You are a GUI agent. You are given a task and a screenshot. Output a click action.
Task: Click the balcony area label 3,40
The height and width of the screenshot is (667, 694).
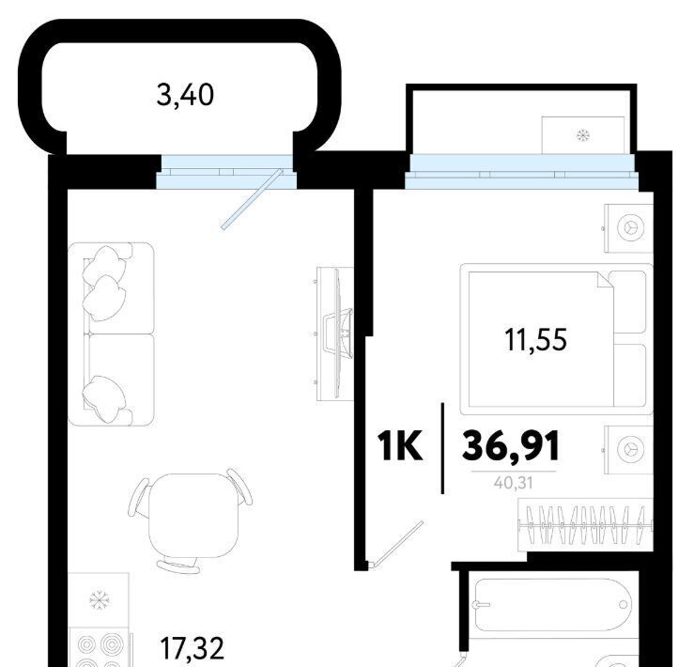[x=185, y=95]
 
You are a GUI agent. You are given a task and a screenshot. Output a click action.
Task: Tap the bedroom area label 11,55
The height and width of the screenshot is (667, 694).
[x=535, y=340]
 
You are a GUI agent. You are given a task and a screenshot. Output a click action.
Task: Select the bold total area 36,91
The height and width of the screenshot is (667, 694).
[x=511, y=446]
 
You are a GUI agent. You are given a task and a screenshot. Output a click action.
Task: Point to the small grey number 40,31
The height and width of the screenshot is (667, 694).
[x=514, y=482]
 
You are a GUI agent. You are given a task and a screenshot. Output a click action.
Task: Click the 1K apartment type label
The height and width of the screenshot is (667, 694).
[x=400, y=447]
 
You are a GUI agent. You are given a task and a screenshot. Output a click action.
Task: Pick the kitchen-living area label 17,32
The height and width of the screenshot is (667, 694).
[x=192, y=649]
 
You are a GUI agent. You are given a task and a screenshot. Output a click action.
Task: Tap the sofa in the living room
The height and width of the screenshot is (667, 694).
[x=111, y=333]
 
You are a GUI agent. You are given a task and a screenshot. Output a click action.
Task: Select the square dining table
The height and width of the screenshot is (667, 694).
[x=193, y=515]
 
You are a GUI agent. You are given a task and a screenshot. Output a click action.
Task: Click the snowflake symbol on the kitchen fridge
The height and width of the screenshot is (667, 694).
[x=100, y=600]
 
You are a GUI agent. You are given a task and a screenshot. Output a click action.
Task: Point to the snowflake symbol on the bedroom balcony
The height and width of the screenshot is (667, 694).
[x=583, y=135]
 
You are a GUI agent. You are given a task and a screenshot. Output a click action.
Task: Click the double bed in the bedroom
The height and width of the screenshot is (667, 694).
[x=556, y=339]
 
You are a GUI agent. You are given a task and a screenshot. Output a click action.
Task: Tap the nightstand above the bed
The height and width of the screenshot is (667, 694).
[x=628, y=227]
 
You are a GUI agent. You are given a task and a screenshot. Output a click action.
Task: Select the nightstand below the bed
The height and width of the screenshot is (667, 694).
[x=628, y=450]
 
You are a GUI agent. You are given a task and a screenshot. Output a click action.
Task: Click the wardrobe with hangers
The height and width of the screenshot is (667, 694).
[x=586, y=525]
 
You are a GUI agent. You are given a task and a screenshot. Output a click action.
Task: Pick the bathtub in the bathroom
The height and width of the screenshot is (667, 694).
[x=553, y=605]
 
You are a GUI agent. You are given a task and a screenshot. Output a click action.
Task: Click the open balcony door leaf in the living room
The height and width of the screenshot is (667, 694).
[x=252, y=199]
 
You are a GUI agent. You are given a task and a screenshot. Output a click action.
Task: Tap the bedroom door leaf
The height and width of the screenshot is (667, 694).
[x=396, y=543]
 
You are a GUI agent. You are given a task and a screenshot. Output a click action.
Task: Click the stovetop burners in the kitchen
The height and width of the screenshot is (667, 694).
[x=100, y=649]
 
